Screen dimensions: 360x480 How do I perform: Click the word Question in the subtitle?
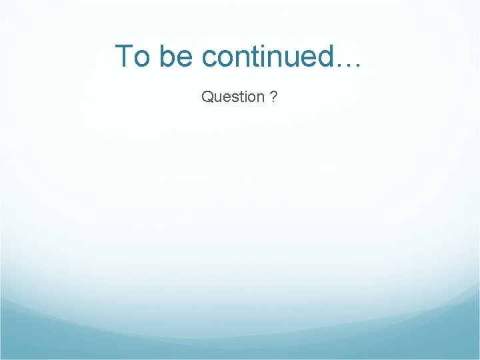233,97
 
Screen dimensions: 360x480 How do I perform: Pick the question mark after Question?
274,97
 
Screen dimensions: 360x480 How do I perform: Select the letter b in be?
167,56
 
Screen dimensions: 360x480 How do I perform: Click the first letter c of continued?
209,59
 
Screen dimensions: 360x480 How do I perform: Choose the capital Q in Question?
207,97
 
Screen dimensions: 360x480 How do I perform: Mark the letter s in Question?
233,99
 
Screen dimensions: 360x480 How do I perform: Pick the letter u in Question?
217,99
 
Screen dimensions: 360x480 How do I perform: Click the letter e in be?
184,59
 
